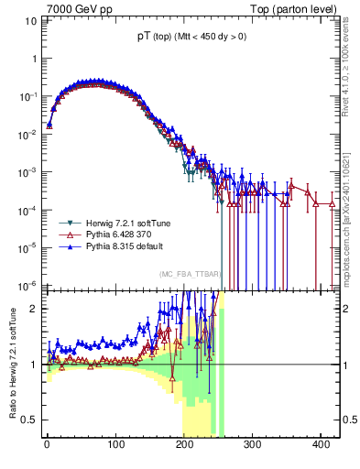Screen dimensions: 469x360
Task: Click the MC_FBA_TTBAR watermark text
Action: click(189, 275)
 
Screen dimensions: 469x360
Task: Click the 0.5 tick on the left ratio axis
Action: click(30, 420)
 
